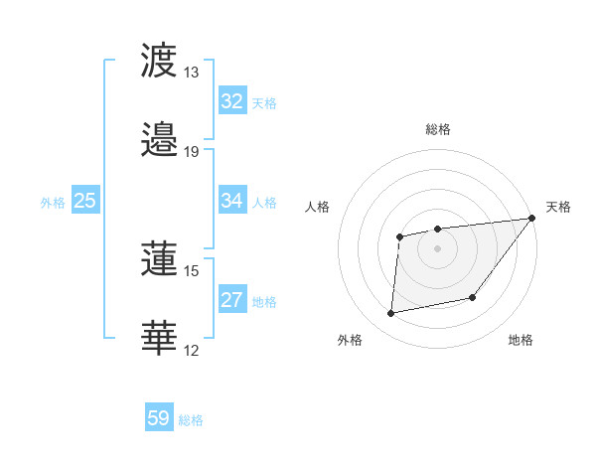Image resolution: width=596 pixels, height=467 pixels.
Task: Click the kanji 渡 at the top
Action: click(x=161, y=62)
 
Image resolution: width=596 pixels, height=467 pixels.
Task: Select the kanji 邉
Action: click(x=161, y=139)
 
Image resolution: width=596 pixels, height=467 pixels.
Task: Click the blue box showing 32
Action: click(x=232, y=101)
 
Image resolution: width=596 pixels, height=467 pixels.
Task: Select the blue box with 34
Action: click(x=232, y=201)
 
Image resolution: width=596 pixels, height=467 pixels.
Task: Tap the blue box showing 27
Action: click(x=232, y=300)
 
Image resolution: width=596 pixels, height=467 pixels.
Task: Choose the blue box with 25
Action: click(x=85, y=201)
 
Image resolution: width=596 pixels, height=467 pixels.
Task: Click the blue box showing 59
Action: click(x=159, y=418)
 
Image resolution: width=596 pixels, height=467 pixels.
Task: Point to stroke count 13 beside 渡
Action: click(x=192, y=73)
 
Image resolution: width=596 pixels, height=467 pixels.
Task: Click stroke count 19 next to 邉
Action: click(x=192, y=151)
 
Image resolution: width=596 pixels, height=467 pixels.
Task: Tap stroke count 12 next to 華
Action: click(x=192, y=350)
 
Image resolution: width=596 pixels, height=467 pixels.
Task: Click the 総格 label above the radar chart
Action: click(x=438, y=129)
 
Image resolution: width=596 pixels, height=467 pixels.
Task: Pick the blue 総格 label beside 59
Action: click(x=192, y=420)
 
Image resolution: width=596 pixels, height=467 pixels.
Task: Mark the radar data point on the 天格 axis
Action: click(x=533, y=220)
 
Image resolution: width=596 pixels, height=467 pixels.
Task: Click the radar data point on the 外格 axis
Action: click(x=391, y=314)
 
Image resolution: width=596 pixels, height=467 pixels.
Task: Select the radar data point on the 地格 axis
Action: click(x=473, y=297)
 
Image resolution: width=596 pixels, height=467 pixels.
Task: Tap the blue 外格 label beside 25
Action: click(x=53, y=203)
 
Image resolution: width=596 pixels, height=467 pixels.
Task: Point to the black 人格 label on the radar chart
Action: click(x=319, y=207)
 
